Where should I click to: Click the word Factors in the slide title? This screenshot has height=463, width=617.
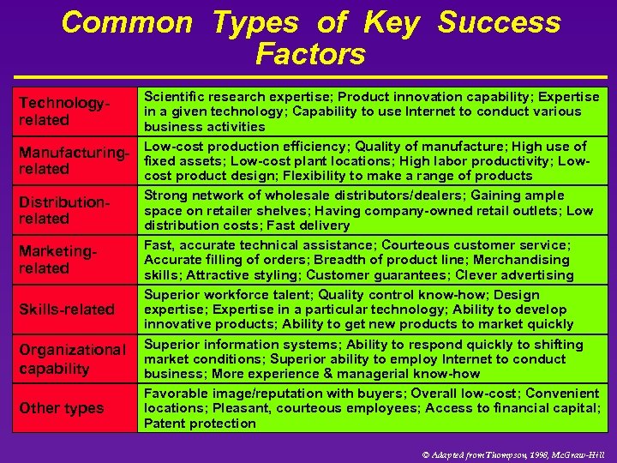point(310,54)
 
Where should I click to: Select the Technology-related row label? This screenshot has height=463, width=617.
point(65,111)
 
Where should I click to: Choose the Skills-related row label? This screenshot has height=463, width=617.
point(67,309)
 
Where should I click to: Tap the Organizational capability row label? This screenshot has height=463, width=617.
point(72,359)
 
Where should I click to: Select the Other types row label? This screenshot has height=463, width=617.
point(62,408)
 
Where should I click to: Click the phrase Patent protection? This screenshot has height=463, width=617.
point(200,424)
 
